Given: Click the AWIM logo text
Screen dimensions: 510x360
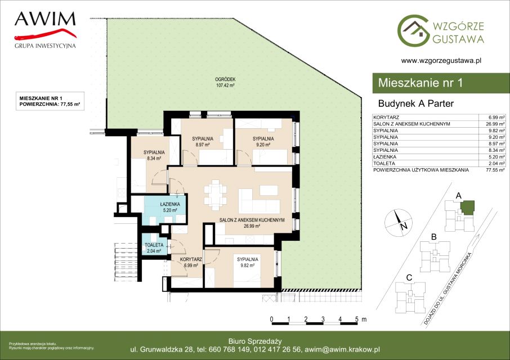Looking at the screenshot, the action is [x=45, y=19].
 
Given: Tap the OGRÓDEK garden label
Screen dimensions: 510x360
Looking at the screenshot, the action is [x=225, y=82].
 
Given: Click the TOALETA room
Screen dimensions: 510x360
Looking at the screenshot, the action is [x=154, y=245].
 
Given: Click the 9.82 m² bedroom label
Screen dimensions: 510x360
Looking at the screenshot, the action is [x=248, y=262].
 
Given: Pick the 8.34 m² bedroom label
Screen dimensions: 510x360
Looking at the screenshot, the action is [x=154, y=155].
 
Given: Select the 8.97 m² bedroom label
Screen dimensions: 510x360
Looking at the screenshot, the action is [x=202, y=142].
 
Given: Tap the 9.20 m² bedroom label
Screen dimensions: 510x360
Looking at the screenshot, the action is [x=263, y=142].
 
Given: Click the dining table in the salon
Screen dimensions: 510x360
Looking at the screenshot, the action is [x=215, y=194].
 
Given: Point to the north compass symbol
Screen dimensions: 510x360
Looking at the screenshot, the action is [x=399, y=223].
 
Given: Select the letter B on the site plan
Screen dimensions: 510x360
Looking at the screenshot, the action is [x=433, y=237].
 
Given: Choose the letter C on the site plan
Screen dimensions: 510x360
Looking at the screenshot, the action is [x=409, y=278].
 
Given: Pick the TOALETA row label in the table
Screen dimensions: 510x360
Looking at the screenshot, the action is [x=384, y=164].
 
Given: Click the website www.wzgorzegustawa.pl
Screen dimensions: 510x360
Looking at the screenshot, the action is [x=441, y=60].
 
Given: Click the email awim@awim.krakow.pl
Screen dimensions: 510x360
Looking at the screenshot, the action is [x=341, y=350].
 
